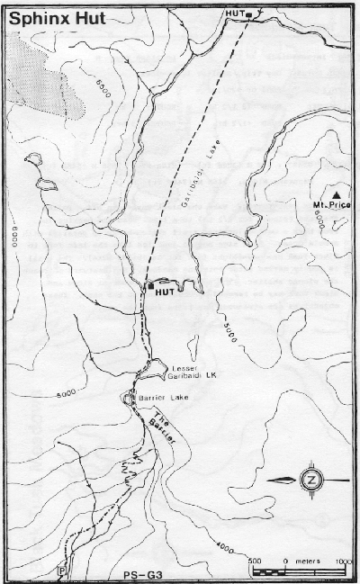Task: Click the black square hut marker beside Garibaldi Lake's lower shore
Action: tap(148, 285)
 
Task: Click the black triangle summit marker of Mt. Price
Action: tap(336, 194)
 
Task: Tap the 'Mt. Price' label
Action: tap(331, 206)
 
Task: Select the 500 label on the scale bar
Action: tap(255, 561)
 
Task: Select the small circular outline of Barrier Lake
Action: tap(128, 398)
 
